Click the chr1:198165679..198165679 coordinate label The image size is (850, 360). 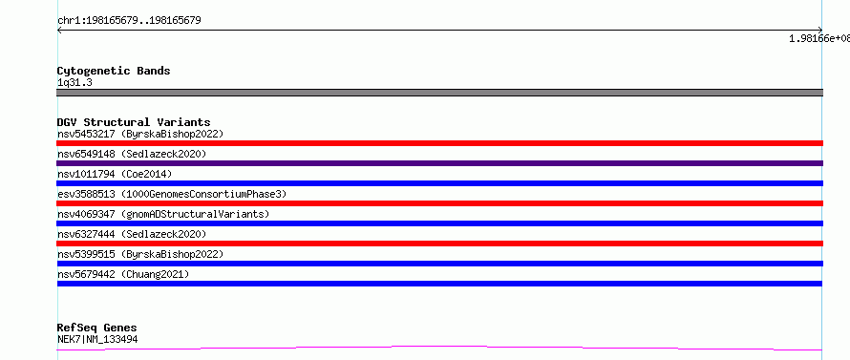click(129, 21)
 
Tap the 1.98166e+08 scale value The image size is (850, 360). click(819, 38)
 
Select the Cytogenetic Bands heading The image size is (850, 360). click(114, 71)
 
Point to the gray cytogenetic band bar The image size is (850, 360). click(439, 93)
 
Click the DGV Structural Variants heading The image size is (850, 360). click(134, 122)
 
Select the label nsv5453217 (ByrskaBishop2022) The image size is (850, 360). click(140, 134)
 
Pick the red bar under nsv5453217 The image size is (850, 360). click(439, 143)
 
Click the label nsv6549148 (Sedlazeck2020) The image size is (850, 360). click(132, 154)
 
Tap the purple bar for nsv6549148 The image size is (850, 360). click(439, 163)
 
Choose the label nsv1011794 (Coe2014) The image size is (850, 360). click(115, 174)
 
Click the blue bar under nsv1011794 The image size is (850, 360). click(439, 183)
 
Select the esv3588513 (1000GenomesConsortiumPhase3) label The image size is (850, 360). click(172, 194)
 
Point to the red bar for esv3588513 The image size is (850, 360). click(439, 203)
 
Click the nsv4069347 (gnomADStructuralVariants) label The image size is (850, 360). click(163, 214)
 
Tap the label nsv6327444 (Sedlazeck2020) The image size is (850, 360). click(132, 234)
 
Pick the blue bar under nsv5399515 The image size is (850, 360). click(439, 264)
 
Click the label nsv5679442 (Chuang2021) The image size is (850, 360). click(123, 274)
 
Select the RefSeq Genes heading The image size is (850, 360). click(97, 328)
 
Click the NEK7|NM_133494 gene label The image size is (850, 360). click(97, 339)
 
